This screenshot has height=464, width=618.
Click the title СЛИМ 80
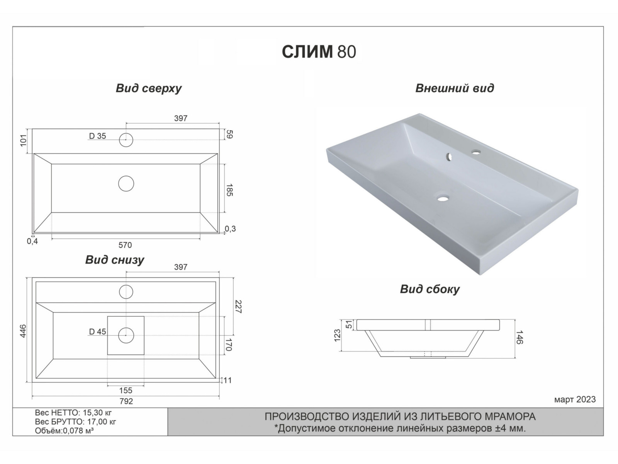[x=319, y=51]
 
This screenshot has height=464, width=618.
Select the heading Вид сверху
[x=149, y=88]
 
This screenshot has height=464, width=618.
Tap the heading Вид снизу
[x=115, y=260]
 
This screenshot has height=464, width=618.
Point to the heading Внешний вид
[x=455, y=88]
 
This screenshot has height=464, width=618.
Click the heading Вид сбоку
[x=430, y=289]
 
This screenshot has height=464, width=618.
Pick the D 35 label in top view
[x=97, y=136]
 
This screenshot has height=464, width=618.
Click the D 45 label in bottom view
[x=97, y=332]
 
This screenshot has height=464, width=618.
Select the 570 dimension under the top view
[x=125, y=245]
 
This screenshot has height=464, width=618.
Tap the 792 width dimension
[x=126, y=401]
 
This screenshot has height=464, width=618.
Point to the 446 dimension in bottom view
[x=23, y=331]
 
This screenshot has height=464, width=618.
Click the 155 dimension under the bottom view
[x=126, y=391]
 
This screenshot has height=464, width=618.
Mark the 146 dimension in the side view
[x=520, y=337]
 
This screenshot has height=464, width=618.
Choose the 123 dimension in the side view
[x=338, y=335]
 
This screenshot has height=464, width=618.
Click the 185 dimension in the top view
[x=229, y=190]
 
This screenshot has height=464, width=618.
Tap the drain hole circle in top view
[x=126, y=184]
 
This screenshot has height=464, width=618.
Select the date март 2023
[x=575, y=399]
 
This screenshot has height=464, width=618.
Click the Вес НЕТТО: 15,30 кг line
[x=73, y=413]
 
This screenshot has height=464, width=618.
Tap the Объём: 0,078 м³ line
[x=64, y=431]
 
